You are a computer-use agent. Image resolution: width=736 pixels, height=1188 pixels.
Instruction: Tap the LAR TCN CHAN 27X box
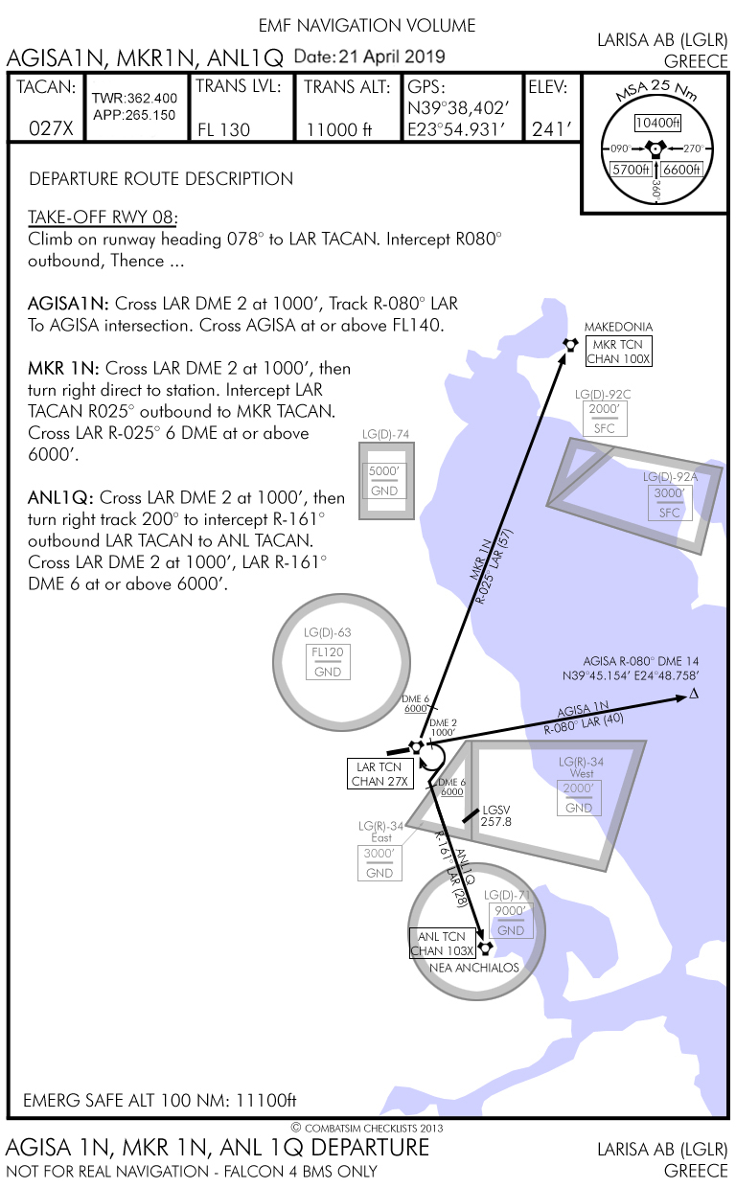(x=380, y=774)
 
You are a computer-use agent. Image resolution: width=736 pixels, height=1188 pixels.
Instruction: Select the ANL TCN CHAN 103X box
(x=442, y=943)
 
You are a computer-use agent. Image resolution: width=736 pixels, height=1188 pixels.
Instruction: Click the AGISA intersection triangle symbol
(x=694, y=694)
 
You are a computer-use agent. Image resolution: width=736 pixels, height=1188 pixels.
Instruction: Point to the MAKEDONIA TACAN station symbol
(x=570, y=346)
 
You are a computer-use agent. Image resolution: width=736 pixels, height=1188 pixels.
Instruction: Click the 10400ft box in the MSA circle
(x=657, y=124)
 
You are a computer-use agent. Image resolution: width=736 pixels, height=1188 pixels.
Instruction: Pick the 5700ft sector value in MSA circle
(x=632, y=170)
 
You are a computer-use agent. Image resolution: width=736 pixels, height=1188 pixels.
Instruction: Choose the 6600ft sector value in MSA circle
(x=682, y=170)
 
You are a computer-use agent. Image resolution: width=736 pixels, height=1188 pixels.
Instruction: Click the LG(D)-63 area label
(x=328, y=632)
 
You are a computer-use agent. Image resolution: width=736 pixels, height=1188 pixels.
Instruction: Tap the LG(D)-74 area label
(x=384, y=435)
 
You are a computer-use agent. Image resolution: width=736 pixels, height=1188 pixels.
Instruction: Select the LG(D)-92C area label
(x=603, y=394)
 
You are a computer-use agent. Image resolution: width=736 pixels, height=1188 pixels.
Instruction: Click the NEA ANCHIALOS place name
(x=474, y=967)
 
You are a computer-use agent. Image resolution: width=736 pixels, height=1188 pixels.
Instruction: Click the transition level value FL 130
(x=223, y=129)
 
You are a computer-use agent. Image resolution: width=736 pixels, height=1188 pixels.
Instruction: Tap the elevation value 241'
(x=551, y=129)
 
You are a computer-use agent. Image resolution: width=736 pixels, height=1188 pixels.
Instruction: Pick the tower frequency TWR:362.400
(x=135, y=99)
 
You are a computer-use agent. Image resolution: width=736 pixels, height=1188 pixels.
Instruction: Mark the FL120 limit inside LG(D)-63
(x=328, y=652)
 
